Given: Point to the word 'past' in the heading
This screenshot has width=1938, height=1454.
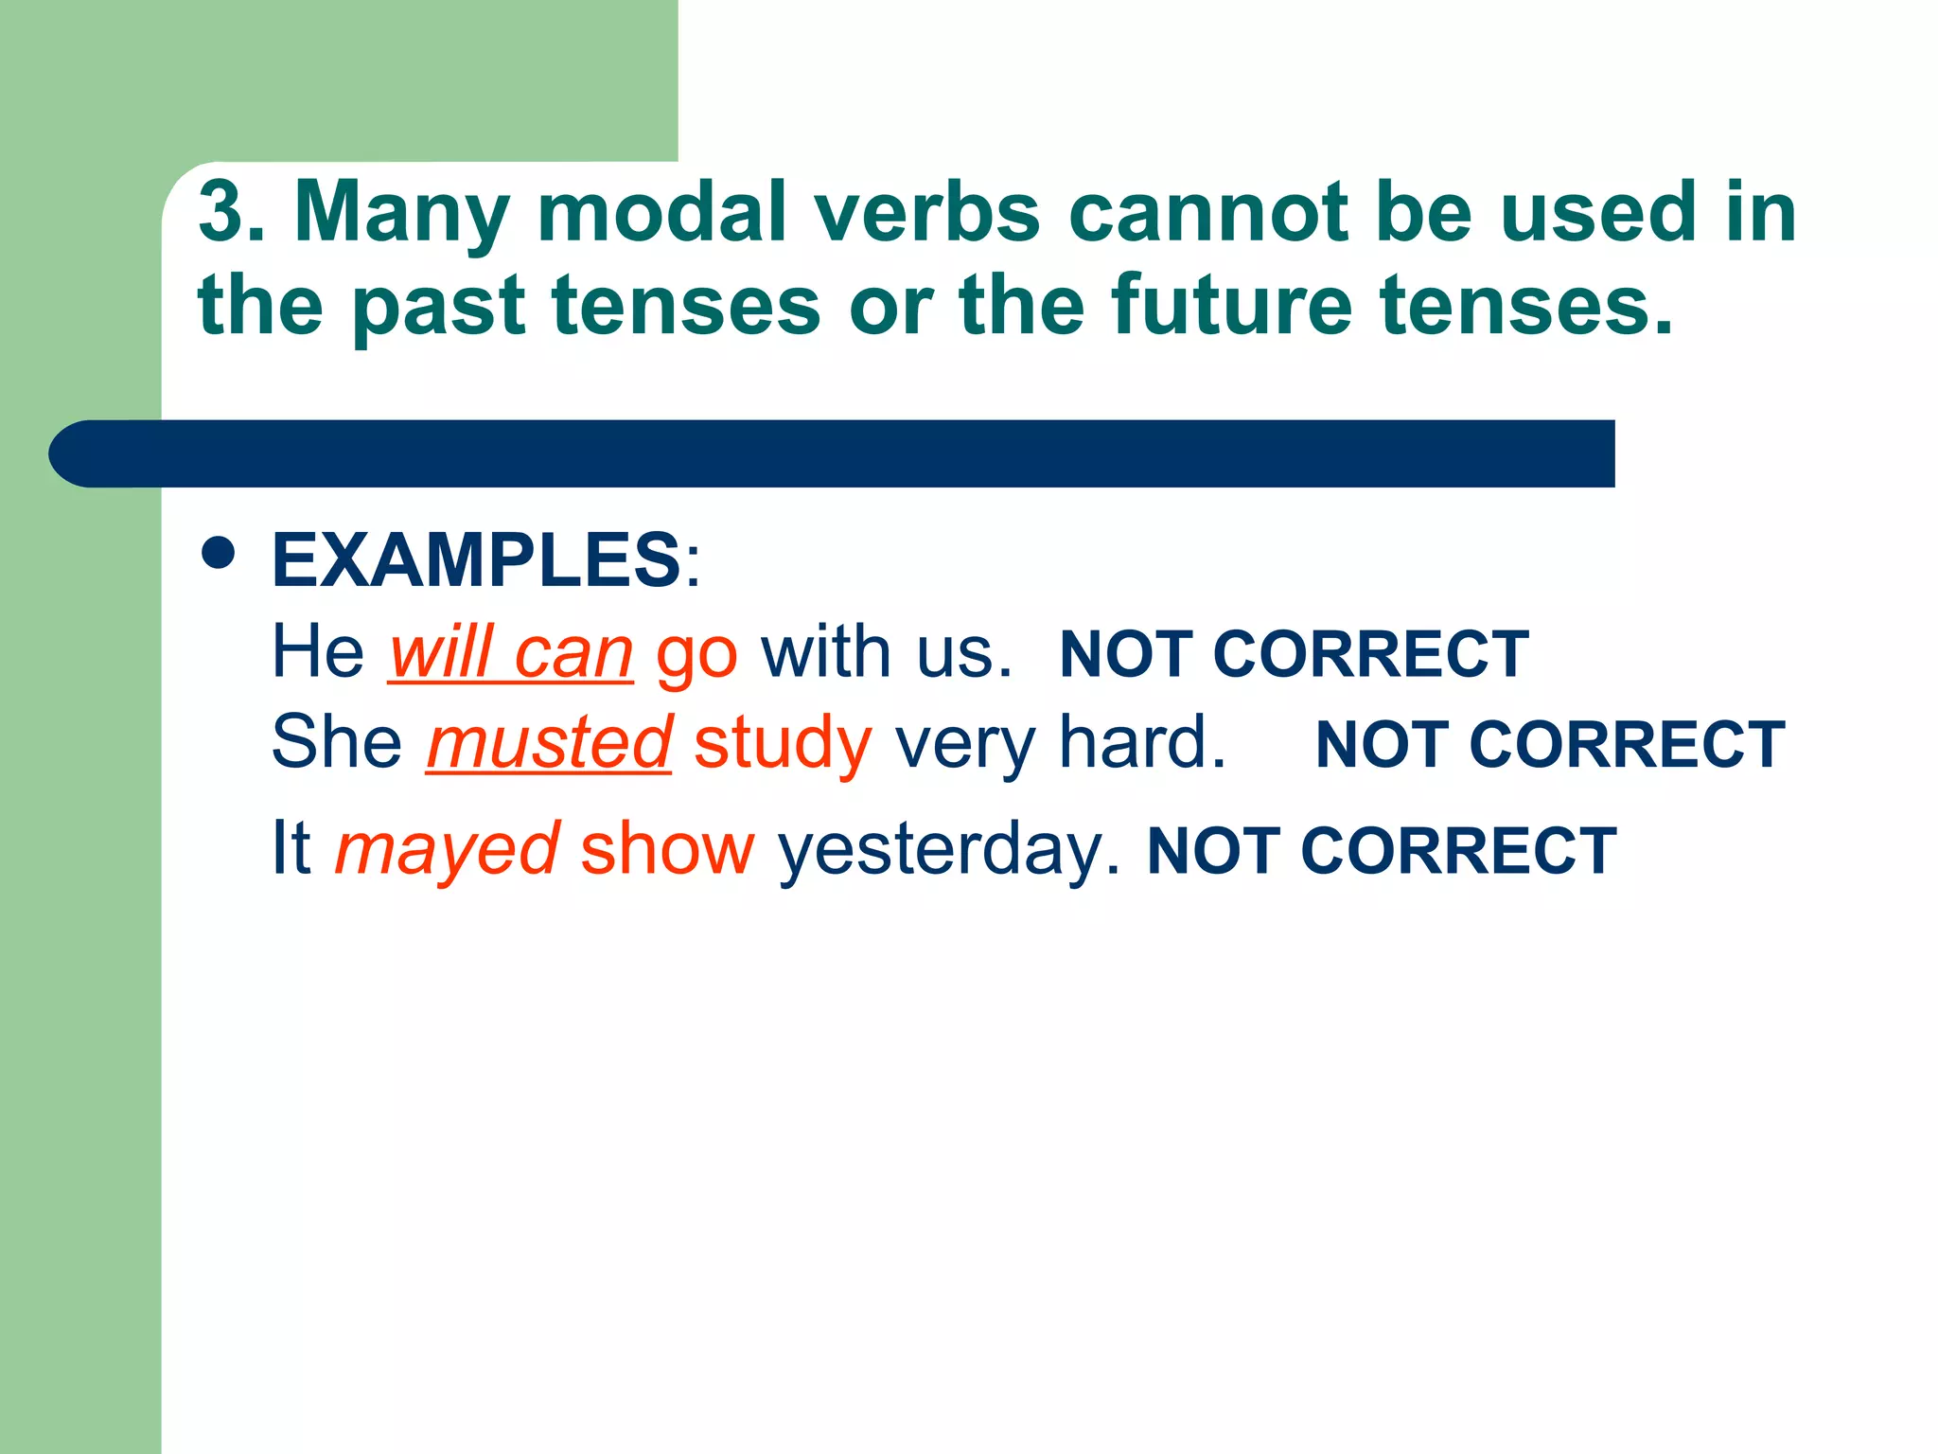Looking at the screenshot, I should coord(439,305).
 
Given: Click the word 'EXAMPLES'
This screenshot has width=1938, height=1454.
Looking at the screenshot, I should coord(476,559).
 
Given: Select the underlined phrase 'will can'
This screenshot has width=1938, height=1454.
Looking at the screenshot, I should coord(511,652).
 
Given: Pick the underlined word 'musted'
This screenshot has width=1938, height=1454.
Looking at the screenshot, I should coord(550,743).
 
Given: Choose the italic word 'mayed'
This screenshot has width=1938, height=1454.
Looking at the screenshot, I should coord(448,849).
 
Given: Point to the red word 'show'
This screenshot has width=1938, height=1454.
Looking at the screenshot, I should coord(667,849).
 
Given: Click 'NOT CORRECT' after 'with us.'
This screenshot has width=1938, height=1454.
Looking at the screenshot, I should coord(1294,654).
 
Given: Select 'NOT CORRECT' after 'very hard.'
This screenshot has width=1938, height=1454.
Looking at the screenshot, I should coord(1550,745).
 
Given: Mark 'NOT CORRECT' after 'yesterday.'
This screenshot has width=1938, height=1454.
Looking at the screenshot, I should coord(1382,851).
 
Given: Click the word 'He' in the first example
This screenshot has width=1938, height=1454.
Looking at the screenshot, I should coord(318,652).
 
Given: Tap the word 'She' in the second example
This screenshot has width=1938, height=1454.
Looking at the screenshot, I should coord(337,743).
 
